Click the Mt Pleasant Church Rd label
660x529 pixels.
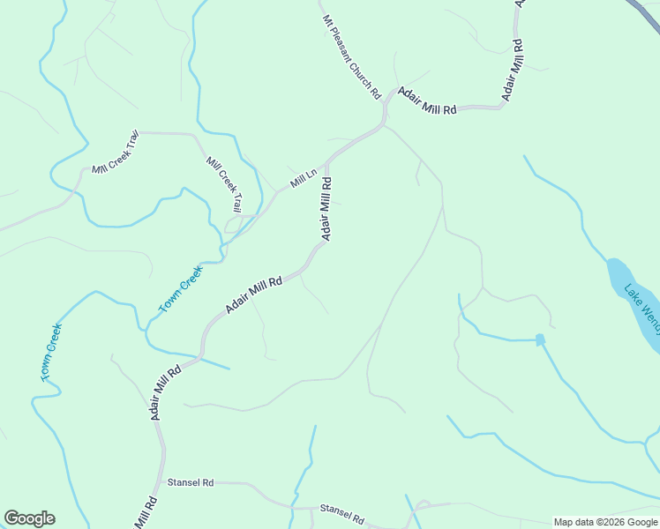point(351,56)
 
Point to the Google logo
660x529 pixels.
point(29,518)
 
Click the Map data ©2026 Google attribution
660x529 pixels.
point(605,522)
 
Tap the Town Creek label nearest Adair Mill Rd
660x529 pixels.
point(180,289)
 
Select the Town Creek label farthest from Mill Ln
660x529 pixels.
point(51,353)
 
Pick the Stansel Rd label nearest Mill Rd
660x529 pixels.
point(191,483)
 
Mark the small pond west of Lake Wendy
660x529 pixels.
point(540,339)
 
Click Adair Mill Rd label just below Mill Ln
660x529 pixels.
point(326,208)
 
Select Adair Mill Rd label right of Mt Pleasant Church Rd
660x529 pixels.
point(427,101)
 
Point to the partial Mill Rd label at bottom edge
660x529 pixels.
point(146,513)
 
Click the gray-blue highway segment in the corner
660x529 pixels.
point(643,11)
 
